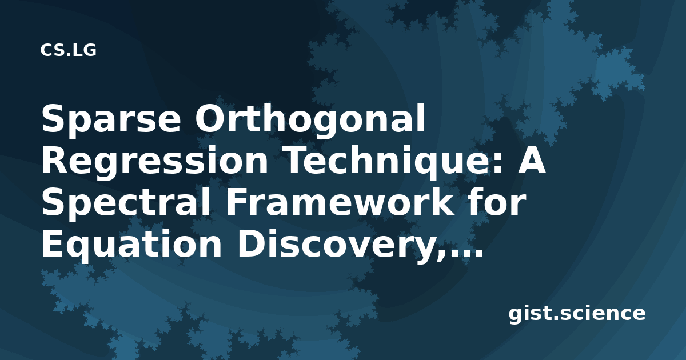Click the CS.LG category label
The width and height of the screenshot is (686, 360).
[x=68, y=50]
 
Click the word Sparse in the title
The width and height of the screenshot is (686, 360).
[x=111, y=121]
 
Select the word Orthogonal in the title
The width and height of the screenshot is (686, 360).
[x=310, y=121]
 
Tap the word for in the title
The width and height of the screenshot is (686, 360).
[x=496, y=202]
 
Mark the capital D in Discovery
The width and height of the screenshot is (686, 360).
[x=250, y=243]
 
